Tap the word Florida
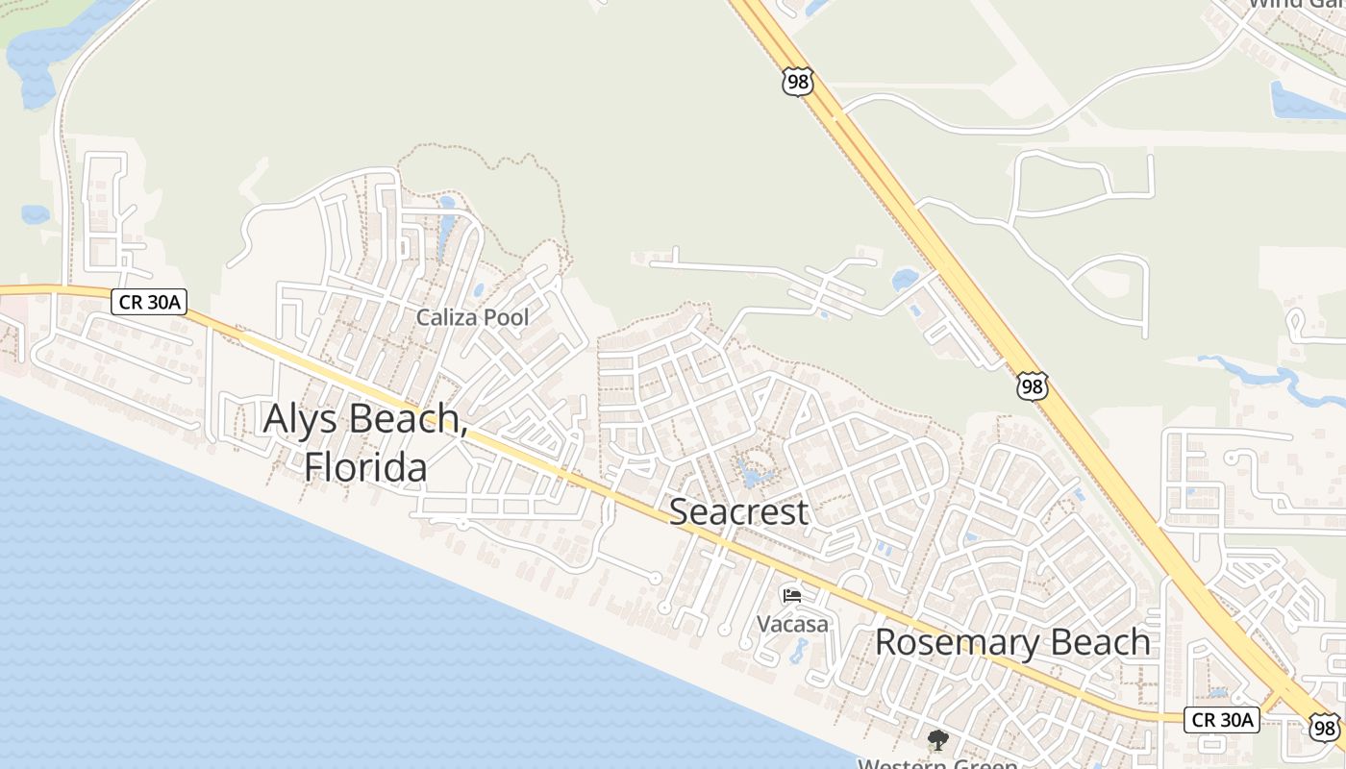coord(365,467)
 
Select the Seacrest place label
coord(738,511)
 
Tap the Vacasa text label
coord(792,624)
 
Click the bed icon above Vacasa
coord(792,596)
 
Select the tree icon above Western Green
coord(936,740)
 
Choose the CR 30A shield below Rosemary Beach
coord(1221,719)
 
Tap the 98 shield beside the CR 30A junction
coord(1324,727)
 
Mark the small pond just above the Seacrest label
coord(753,474)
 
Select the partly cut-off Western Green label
coord(936,763)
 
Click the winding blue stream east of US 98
coord(1250,371)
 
